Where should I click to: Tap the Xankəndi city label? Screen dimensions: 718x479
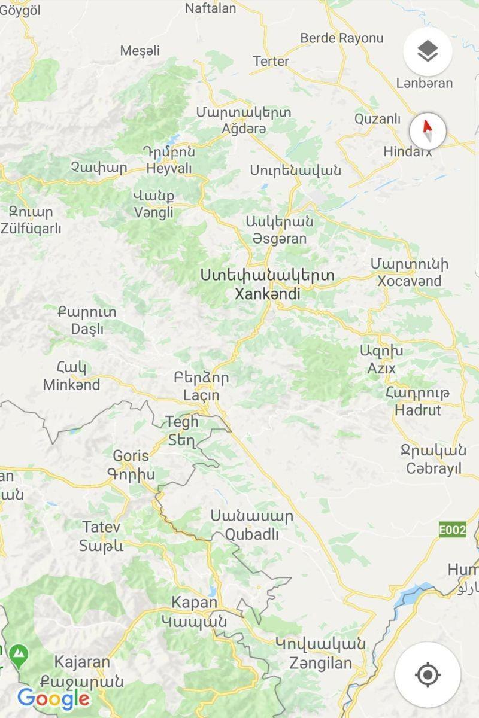pyautogui.click(x=268, y=294)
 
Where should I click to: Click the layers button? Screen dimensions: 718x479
pyautogui.click(x=428, y=52)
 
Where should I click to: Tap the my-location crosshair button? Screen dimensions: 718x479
pyautogui.click(x=428, y=675)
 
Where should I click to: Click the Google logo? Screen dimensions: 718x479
pyautogui.click(x=54, y=698)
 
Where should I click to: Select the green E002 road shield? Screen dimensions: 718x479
pyautogui.click(x=452, y=530)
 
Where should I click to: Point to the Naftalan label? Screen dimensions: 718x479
pyautogui.click(x=210, y=8)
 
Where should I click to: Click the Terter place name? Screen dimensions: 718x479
pyautogui.click(x=271, y=61)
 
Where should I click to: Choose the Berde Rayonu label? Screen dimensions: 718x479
pyautogui.click(x=341, y=38)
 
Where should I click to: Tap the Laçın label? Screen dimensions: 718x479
pyautogui.click(x=201, y=395)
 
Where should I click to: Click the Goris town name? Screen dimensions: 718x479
pyautogui.click(x=131, y=456)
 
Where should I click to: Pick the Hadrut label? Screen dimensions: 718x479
pyautogui.click(x=418, y=410)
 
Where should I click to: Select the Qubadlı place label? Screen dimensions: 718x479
pyautogui.click(x=251, y=534)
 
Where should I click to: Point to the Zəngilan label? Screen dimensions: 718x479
pyautogui.click(x=320, y=663)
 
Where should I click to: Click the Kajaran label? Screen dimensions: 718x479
pyautogui.click(x=82, y=662)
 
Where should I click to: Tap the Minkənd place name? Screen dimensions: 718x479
pyautogui.click(x=71, y=385)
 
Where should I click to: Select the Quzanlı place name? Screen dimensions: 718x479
pyautogui.click(x=377, y=118)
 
